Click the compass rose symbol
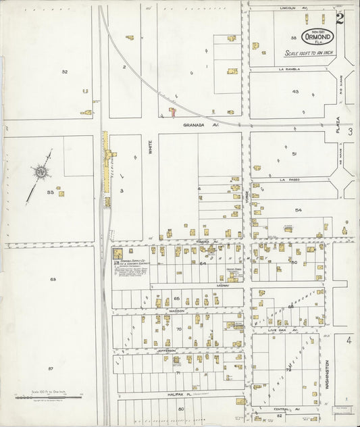[41, 173]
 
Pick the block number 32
[64, 72]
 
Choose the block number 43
[295, 91]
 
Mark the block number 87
[51, 368]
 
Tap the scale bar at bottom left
[47, 397]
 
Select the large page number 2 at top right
[340, 18]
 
